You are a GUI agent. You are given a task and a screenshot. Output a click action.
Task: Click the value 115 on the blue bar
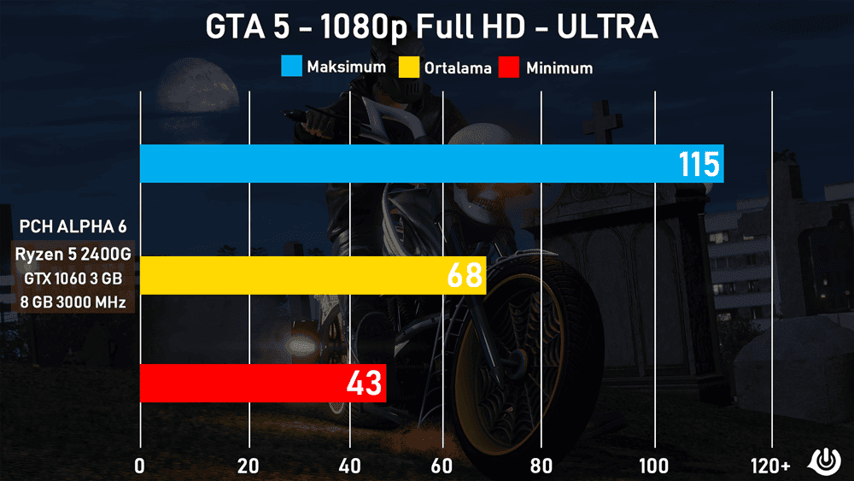coord(699,163)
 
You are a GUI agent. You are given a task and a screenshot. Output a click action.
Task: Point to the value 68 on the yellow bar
coord(465,275)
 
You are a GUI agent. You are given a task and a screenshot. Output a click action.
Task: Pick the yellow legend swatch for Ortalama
coord(409,67)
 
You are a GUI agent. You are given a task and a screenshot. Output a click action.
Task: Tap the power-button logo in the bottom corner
coord(826,460)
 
